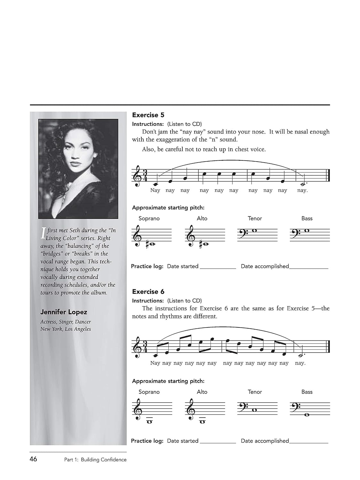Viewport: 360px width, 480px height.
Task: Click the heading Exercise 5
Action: tap(148, 115)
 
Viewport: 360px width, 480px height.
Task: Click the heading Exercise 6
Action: tap(148, 292)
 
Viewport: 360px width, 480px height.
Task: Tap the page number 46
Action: tap(33, 459)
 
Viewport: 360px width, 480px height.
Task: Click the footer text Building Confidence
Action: tap(104, 460)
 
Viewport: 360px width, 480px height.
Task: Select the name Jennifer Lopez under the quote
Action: tap(64, 312)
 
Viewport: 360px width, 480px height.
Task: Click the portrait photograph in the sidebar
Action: tap(78, 169)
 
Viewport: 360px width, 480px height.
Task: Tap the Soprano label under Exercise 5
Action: tap(149, 219)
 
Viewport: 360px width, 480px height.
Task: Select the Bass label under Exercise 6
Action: tap(307, 392)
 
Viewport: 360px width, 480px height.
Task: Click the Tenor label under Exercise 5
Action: tap(255, 219)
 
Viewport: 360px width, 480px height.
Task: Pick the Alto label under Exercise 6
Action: tap(202, 392)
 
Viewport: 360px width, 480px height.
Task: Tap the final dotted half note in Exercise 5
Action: tap(303, 184)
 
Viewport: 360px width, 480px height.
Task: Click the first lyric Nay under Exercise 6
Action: tap(155, 363)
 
